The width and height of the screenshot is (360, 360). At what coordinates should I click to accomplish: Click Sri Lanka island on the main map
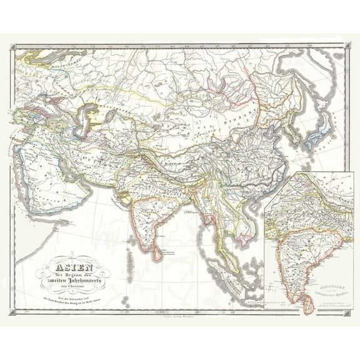click(x=152, y=249)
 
